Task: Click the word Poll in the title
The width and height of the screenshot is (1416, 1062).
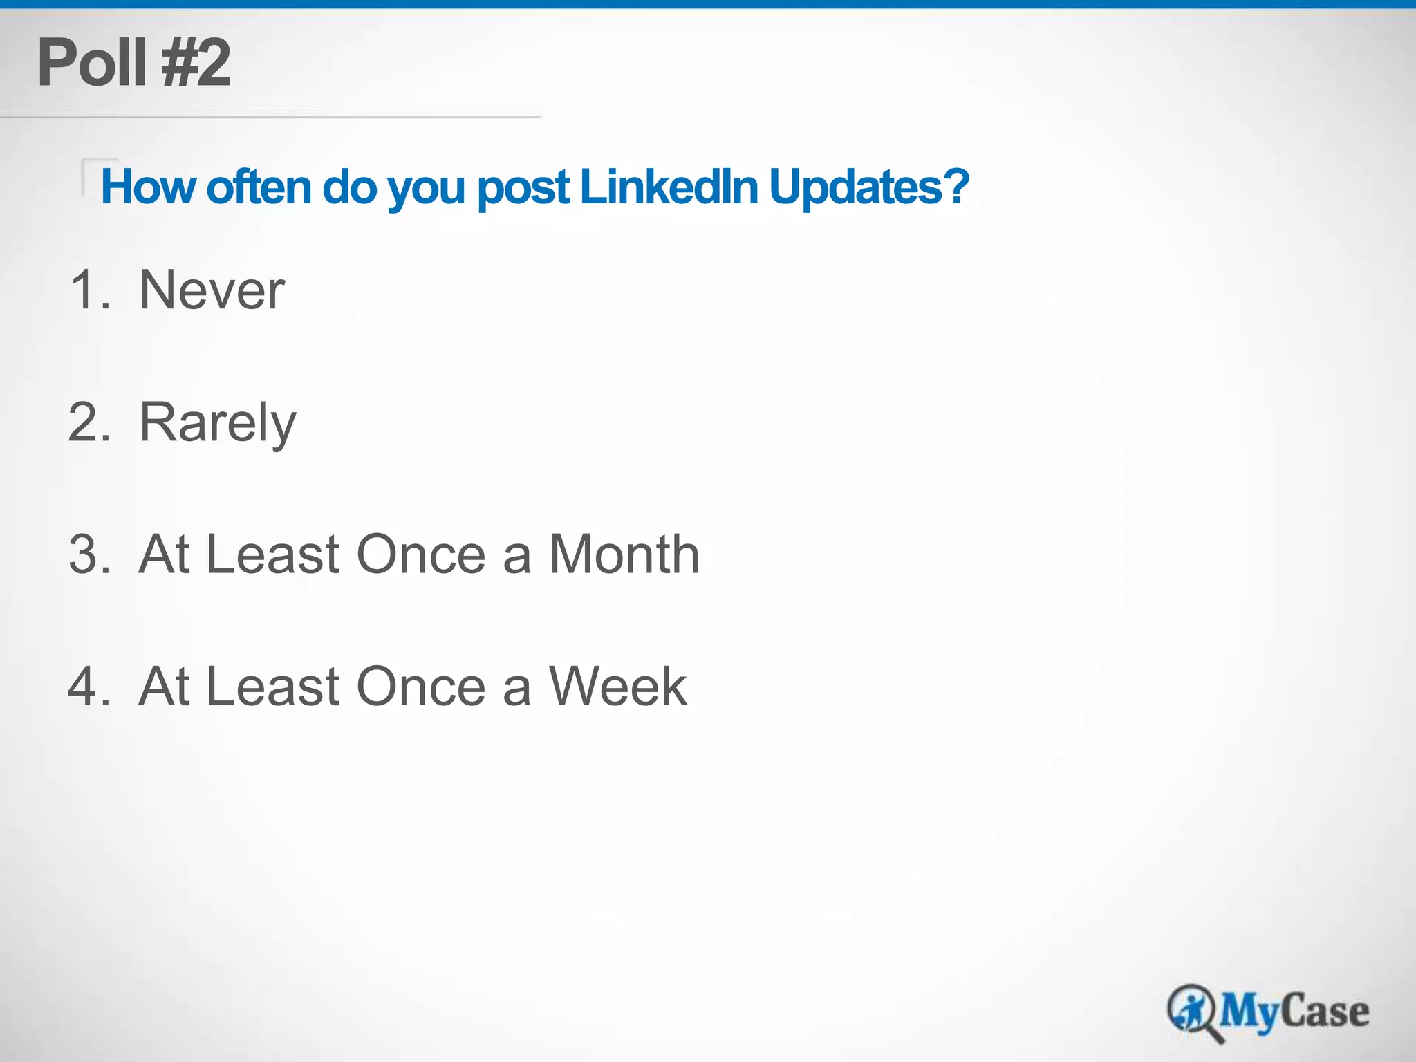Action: tap(91, 63)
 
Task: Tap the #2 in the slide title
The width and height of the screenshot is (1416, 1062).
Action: tap(196, 63)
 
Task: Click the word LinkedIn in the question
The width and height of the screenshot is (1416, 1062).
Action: tap(669, 187)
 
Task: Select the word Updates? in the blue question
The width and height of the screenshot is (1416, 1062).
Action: tap(868, 187)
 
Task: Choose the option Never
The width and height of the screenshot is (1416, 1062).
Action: tap(212, 290)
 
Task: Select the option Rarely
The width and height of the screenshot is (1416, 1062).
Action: tap(218, 423)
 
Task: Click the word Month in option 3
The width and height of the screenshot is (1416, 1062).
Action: tap(624, 555)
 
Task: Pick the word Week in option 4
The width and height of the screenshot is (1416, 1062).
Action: tap(618, 687)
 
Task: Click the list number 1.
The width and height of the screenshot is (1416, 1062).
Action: tap(90, 290)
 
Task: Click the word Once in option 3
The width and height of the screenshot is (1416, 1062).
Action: tap(422, 555)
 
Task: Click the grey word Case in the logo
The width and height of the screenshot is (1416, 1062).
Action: tap(1325, 1011)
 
